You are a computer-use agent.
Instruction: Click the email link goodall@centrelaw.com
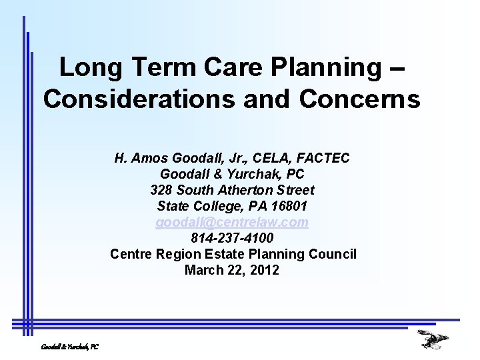click(x=232, y=222)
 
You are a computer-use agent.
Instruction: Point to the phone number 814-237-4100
click(x=232, y=238)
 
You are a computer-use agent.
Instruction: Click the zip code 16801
click(x=290, y=206)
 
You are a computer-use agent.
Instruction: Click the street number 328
click(x=162, y=190)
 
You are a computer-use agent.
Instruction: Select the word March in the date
click(x=203, y=270)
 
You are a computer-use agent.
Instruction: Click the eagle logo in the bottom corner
click(x=433, y=339)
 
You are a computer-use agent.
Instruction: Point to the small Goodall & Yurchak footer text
click(x=69, y=347)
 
